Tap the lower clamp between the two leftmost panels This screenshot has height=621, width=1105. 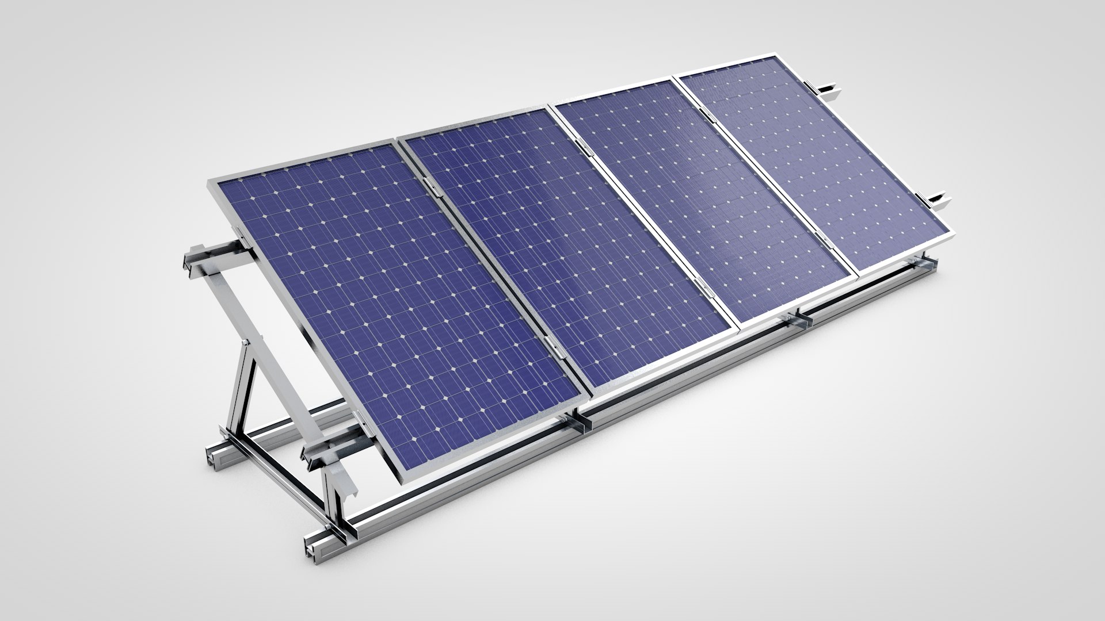553,345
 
